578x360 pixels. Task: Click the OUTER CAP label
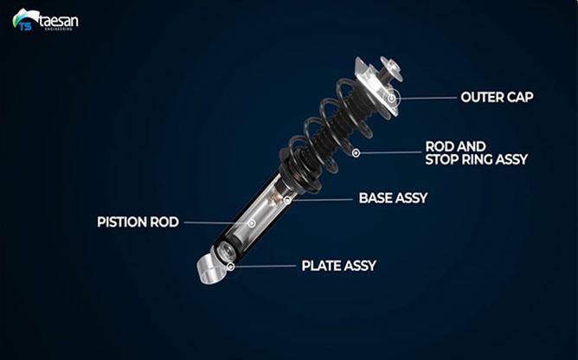coord(497,97)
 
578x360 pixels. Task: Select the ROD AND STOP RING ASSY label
coord(476,153)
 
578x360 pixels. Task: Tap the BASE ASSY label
coord(393,198)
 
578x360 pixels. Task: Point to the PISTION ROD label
coord(138,222)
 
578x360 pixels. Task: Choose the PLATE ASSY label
coord(339,266)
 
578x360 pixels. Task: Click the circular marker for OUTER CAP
coord(391,99)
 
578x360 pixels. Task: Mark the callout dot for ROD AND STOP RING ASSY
coord(356,152)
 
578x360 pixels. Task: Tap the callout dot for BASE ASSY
coord(287,200)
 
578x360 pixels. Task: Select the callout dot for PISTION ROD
coord(252,223)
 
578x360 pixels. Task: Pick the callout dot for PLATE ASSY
coord(230,267)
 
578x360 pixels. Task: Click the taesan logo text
coord(58,21)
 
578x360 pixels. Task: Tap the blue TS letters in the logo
coord(25,26)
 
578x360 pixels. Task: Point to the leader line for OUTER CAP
coord(426,98)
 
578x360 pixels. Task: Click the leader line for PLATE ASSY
coord(265,266)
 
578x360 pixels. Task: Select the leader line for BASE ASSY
coord(322,200)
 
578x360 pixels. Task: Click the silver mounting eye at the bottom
coord(211,268)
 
